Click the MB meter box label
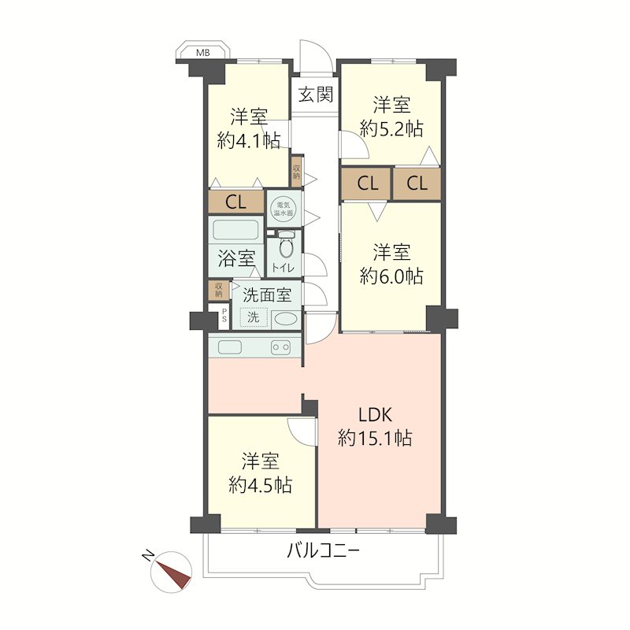click(203, 53)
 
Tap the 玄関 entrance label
click(316, 95)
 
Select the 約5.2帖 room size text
click(391, 130)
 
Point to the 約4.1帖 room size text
click(249, 141)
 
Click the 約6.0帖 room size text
click(391, 276)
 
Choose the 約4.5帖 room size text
click(261, 486)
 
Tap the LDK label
click(375, 415)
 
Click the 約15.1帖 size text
click(375, 438)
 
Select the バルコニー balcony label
click(323, 550)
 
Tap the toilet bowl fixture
click(286, 246)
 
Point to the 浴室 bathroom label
click(236, 258)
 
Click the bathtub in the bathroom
click(235, 230)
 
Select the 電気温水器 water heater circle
click(284, 208)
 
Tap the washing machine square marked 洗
click(254, 317)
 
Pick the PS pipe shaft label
click(224, 316)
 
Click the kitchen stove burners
click(281, 347)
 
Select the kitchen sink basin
click(230, 347)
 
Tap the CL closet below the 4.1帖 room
click(235, 202)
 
